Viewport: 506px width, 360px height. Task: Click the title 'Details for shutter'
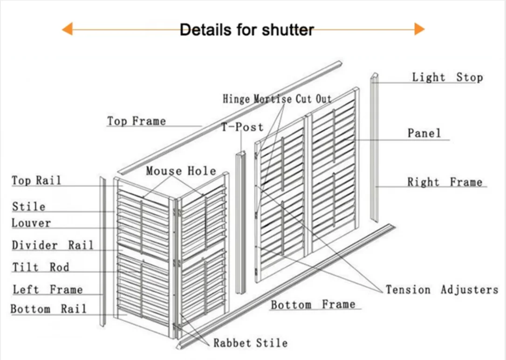coord(247,30)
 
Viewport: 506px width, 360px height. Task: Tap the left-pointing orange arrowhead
coord(67,29)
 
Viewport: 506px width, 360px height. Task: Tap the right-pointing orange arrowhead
coord(419,29)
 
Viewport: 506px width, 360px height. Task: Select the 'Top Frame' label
coord(137,121)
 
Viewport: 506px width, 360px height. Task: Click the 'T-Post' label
coord(242,127)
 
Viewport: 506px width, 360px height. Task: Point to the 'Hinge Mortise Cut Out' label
coord(277,99)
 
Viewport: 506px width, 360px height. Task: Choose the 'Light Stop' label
coord(447,77)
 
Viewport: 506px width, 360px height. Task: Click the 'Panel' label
coord(424,133)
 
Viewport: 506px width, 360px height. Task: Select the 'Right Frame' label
coord(444,182)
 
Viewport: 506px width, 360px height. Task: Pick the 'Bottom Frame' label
coord(313,305)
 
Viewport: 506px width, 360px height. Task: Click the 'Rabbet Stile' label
coord(250,343)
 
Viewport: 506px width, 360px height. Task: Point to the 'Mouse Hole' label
coord(181,171)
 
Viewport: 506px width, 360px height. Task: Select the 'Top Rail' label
coord(36,180)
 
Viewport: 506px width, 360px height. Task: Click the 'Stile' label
coord(29,207)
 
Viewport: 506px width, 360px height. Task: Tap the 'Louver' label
coord(31,223)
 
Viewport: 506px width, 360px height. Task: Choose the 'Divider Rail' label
coord(53,245)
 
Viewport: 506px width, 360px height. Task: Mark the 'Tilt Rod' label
coord(41,267)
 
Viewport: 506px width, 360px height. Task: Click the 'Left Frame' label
coord(48,290)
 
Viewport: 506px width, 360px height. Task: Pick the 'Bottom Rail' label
coord(48,309)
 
